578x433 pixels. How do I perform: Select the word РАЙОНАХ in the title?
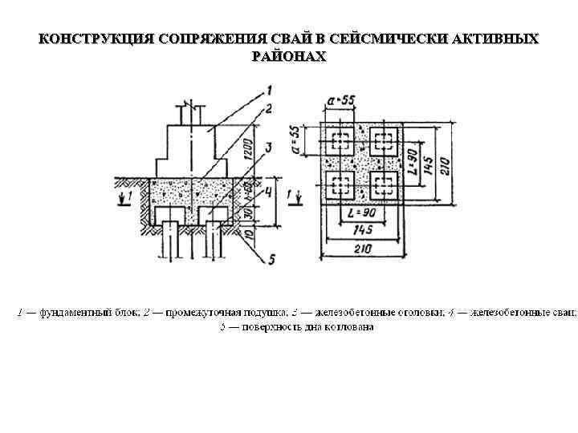(x=289, y=56)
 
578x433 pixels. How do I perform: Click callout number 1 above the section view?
(x=268, y=90)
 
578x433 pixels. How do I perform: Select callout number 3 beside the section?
(x=270, y=147)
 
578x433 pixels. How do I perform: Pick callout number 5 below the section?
(x=272, y=258)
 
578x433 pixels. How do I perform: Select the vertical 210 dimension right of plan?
(x=445, y=164)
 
